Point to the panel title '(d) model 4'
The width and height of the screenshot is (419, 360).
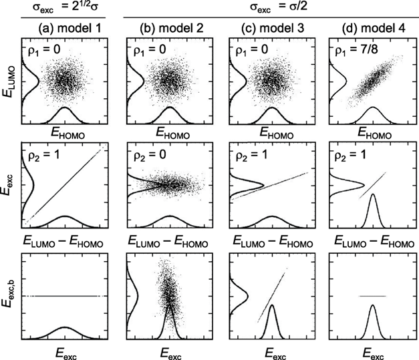pyautogui.click(x=371, y=29)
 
